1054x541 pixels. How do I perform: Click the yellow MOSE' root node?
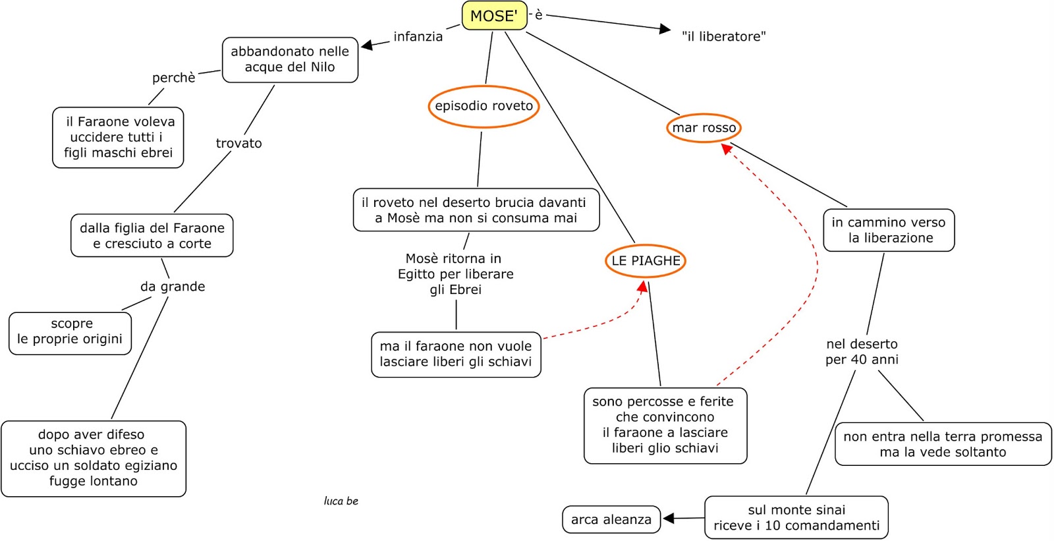tap(494, 16)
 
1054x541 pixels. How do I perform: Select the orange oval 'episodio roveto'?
tap(484, 106)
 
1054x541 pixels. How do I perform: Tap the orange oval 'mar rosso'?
tap(704, 128)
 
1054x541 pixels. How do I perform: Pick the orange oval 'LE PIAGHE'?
tap(646, 261)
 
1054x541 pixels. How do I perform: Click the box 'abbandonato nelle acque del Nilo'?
tap(290, 59)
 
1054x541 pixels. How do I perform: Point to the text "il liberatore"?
tap(723, 37)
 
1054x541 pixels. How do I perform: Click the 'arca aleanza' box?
tap(611, 519)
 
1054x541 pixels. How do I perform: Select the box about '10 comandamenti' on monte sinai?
tap(796, 517)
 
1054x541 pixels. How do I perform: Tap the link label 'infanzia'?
tap(418, 37)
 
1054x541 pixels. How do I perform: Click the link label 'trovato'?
tap(238, 144)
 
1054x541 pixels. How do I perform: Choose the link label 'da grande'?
tap(173, 287)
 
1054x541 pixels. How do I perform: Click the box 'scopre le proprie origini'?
tap(70, 332)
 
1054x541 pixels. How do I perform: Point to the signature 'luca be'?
tap(341, 501)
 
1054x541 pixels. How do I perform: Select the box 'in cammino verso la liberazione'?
tap(888, 230)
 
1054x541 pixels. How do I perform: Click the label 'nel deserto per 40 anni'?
tap(862, 351)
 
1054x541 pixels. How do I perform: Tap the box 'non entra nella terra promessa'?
tap(943, 444)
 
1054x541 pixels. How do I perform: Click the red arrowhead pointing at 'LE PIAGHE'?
tap(642, 287)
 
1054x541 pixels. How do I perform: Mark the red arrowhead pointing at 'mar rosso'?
tap(727, 150)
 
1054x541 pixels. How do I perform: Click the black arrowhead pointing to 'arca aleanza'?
tap(669, 519)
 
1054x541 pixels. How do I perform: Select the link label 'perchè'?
tap(173, 78)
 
